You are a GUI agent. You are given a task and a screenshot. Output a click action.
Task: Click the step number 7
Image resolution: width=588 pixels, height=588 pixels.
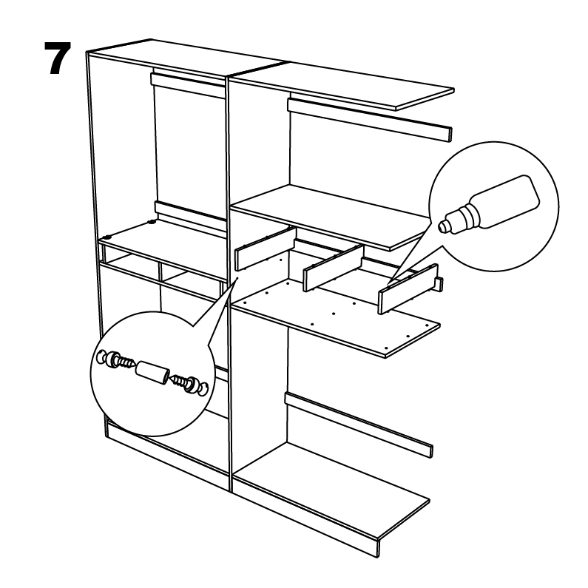coord(58,58)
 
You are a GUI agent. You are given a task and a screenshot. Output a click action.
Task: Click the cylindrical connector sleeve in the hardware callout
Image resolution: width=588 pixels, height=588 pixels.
coord(152,372)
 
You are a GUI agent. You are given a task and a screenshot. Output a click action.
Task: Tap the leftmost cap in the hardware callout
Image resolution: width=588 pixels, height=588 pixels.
coord(101,356)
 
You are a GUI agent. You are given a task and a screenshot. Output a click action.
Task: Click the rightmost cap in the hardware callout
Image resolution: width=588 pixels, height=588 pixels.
coord(202,389)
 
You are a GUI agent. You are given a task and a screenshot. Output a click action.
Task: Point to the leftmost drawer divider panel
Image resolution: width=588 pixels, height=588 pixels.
coord(265,249)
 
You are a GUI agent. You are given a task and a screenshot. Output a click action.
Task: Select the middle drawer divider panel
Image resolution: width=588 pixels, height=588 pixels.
coord(333,268)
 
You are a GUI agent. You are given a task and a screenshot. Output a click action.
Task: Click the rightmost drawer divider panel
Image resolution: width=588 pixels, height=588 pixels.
coord(408,288)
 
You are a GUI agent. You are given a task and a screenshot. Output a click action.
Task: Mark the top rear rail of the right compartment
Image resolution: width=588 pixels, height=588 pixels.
coord(369,119)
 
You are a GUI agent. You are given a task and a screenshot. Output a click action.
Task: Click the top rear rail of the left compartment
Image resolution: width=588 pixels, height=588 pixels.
coord(189,85)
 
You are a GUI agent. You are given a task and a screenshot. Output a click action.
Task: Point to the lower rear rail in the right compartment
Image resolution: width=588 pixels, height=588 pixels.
coord(359,424)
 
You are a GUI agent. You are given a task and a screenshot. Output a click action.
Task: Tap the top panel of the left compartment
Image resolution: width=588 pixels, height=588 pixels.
coord(188,59)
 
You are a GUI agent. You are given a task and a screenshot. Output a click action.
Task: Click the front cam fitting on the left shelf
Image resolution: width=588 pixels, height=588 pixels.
coord(108,237)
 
